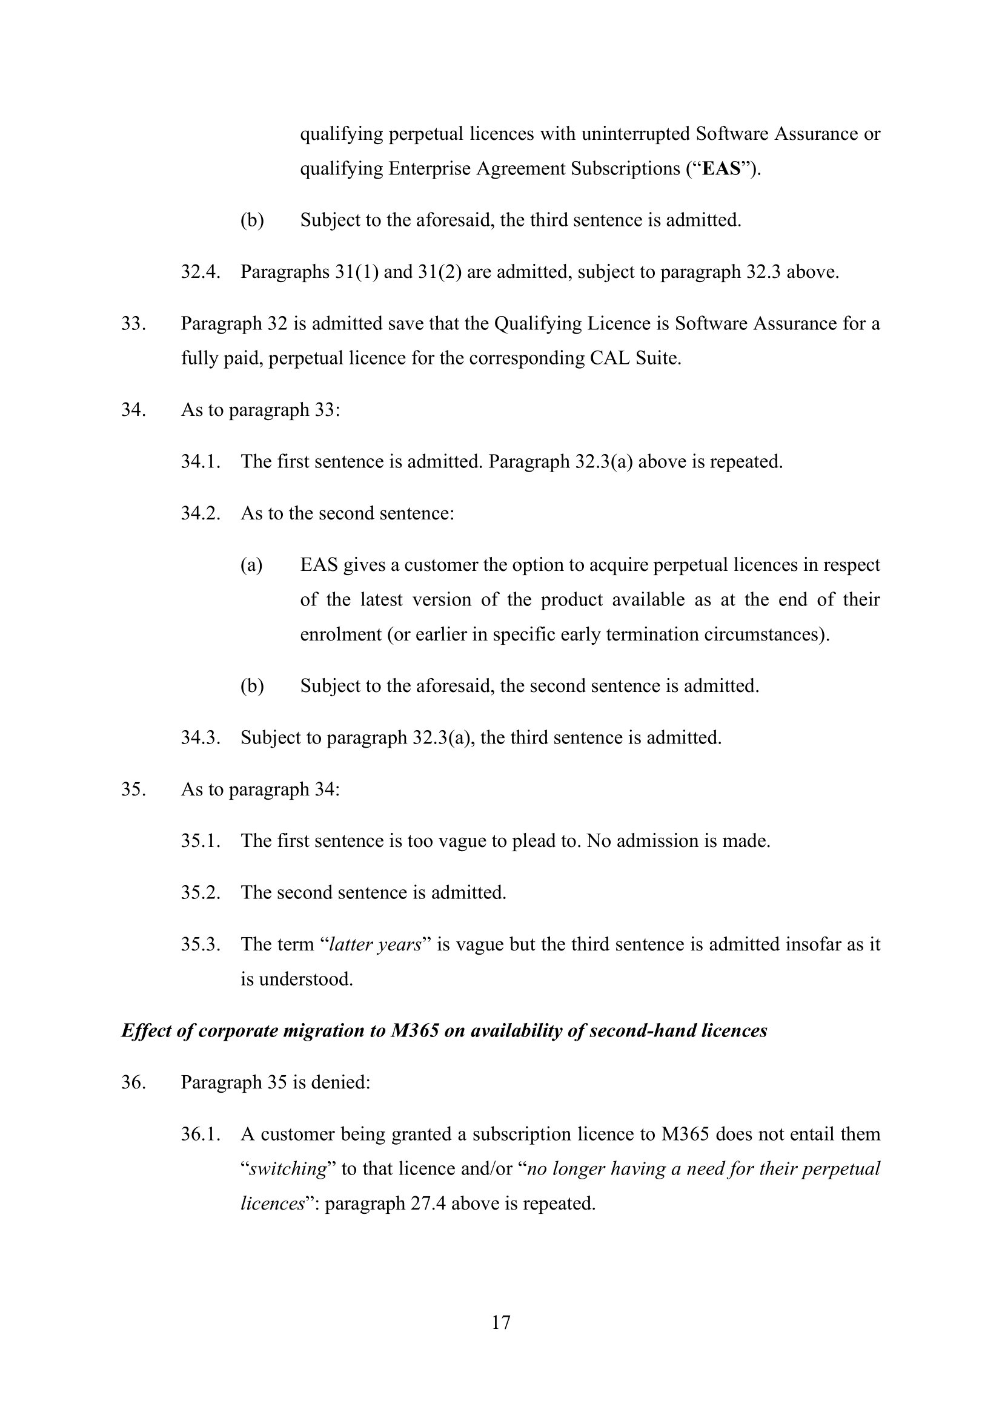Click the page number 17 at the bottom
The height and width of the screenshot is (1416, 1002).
[x=501, y=1322]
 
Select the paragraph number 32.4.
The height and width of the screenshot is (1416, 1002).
[x=201, y=272]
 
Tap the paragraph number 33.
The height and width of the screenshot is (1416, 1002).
[x=133, y=324]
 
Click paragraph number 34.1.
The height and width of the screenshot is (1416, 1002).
[x=201, y=461]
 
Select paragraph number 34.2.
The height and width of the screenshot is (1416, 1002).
[x=201, y=513]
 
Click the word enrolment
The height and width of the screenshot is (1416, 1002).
[x=340, y=634]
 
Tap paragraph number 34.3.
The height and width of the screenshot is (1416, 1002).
[x=201, y=737]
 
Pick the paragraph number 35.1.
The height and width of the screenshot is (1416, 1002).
[x=201, y=841]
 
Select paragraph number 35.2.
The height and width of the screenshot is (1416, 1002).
[x=201, y=892]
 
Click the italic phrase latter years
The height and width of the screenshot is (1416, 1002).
[x=375, y=944]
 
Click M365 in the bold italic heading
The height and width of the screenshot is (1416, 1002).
[x=415, y=1030]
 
